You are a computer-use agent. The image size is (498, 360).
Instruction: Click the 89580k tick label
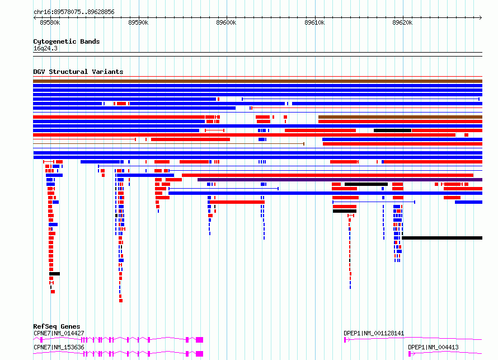pyautogui.click(x=50, y=22)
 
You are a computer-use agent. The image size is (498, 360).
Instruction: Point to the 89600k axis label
pyautogui.click(x=226, y=22)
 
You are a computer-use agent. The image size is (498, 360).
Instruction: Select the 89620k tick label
pyautogui.click(x=402, y=22)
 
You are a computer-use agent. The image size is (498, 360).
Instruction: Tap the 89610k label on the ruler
pyautogui.click(x=314, y=22)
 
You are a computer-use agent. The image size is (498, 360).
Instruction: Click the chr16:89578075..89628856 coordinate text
pyautogui.click(x=74, y=12)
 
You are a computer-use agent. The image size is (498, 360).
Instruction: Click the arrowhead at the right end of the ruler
pyautogui.click(x=481, y=18)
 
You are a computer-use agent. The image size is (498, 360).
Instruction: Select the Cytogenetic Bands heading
pyautogui.click(x=67, y=41)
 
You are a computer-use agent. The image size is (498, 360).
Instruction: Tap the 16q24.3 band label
pyautogui.click(x=45, y=48)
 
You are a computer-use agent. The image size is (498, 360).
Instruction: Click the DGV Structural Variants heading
pyautogui.click(x=78, y=72)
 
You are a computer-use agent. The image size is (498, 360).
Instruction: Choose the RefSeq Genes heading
pyautogui.click(x=57, y=326)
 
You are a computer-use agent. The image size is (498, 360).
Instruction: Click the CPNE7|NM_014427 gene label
pyautogui.click(x=59, y=333)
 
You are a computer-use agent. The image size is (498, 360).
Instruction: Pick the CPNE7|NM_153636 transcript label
pyautogui.click(x=59, y=347)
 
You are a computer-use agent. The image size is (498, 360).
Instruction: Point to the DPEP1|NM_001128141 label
pyautogui.click(x=374, y=333)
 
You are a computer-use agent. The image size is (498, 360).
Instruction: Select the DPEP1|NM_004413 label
pyautogui.click(x=433, y=347)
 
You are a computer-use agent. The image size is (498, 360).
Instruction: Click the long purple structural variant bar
pyautogui.click(x=340, y=180)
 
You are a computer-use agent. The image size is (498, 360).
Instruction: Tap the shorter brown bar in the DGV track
pyautogui.click(x=400, y=117)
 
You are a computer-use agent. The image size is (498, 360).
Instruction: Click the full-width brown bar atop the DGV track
pyautogui.click(x=257, y=81)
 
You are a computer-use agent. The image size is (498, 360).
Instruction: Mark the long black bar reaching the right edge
pyautogui.click(x=442, y=238)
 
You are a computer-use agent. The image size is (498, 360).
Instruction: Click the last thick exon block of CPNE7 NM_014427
pyautogui.click(x=199, y=340)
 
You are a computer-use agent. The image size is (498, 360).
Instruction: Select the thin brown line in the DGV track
pyautogui.click(x=168, y=144)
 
